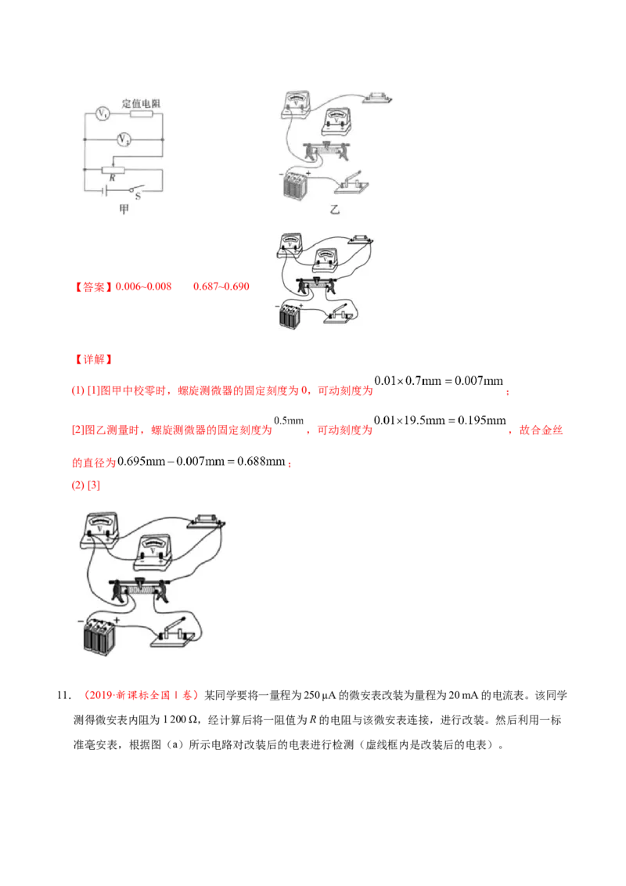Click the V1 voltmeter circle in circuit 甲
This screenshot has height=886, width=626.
click(101, 114)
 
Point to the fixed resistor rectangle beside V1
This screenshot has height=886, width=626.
click(140, 114)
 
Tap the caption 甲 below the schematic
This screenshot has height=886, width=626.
click(123, 208)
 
